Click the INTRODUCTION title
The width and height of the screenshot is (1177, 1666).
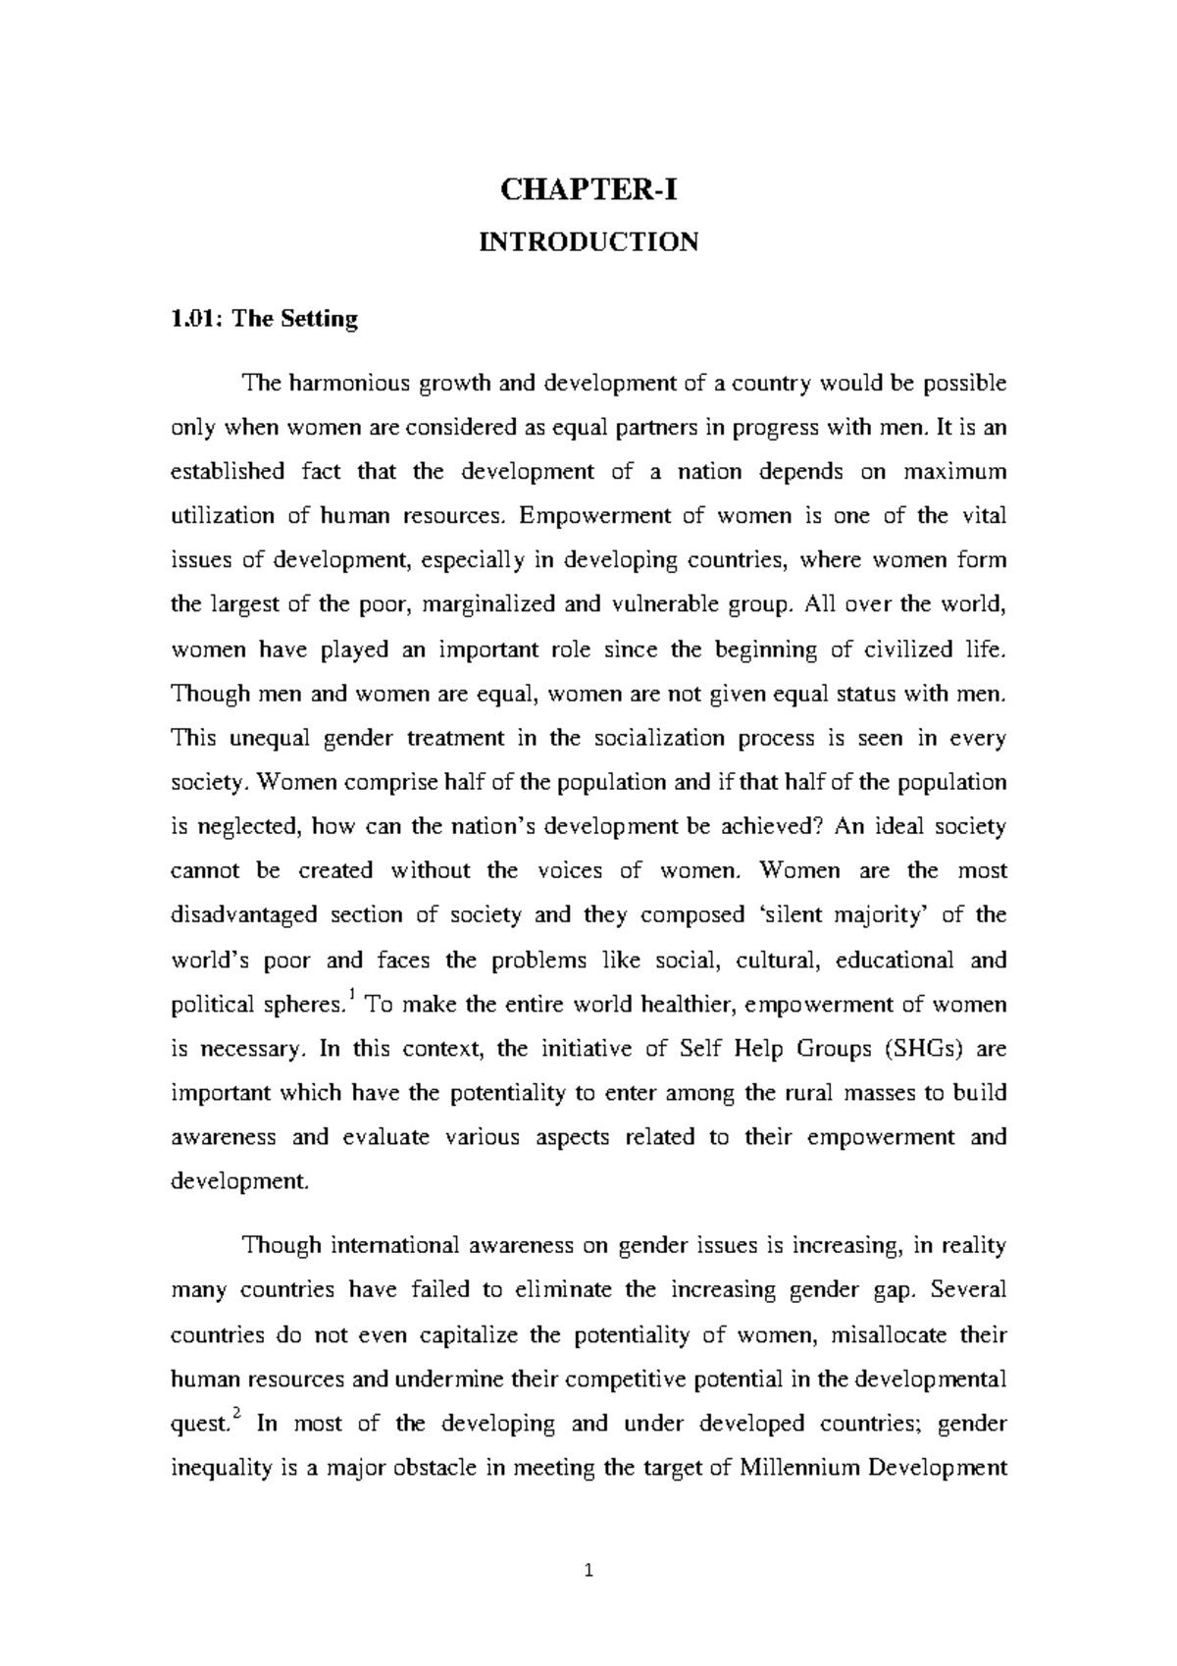pos(588,241)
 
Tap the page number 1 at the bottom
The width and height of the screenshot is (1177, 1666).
pos(588,1572)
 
